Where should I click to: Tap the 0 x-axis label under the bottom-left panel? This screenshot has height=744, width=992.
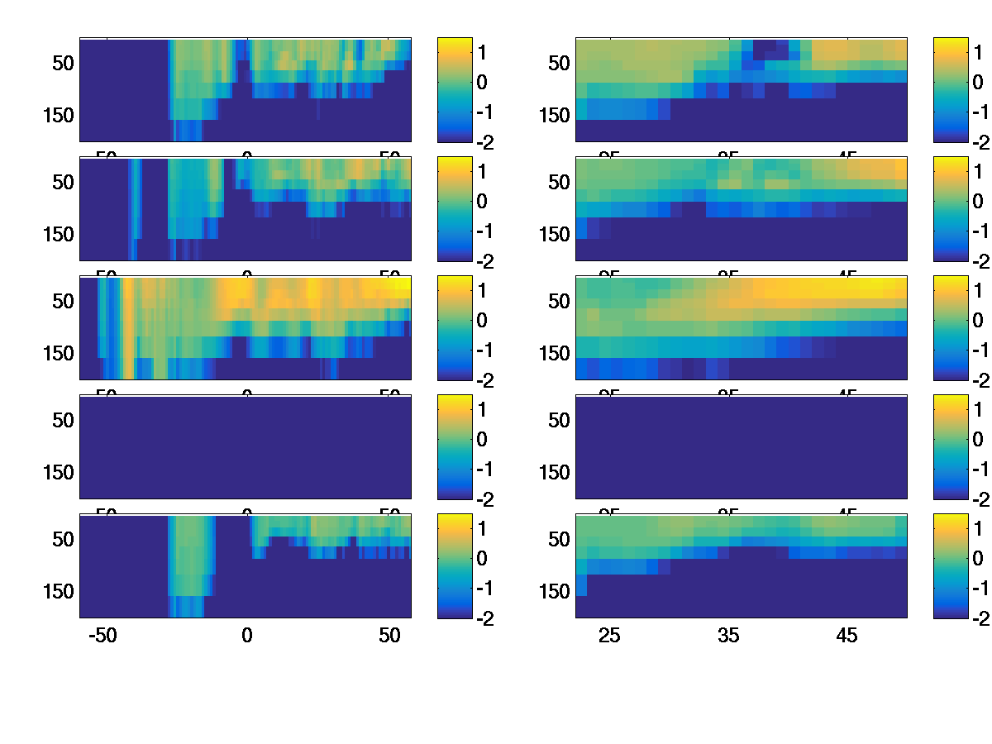point(246,636)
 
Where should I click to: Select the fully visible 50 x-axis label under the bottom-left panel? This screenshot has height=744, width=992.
point(390,636)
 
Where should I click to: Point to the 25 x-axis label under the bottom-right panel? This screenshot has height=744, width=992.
point(609,636)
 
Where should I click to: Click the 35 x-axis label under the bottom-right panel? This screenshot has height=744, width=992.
point(727,636)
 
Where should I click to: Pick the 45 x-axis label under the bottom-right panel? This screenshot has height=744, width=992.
point(847,636)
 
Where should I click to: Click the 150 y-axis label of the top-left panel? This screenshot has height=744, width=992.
point(58,115)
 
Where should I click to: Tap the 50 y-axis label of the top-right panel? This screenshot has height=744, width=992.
point(560,63)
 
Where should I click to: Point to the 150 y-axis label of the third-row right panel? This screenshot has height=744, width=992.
point(554,353)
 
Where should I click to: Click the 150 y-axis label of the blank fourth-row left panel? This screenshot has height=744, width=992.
point(58,472)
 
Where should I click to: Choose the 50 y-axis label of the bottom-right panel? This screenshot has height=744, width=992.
point(560,539)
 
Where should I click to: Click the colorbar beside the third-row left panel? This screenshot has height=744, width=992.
point(454,327)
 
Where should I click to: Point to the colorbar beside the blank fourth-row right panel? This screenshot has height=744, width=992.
point(950,446)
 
